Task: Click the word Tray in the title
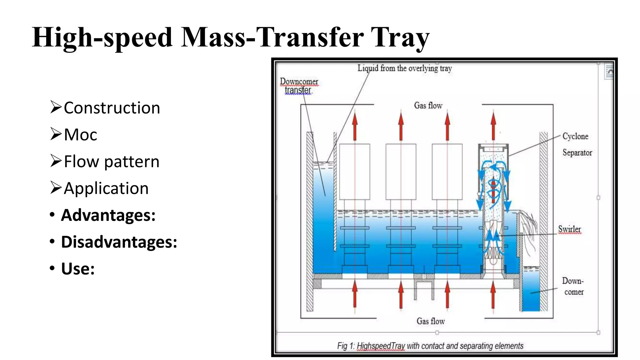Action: coord(400,37)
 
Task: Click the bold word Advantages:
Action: coord(108,215)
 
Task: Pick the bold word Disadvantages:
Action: coord(119,242)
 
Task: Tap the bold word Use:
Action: coord(78,269)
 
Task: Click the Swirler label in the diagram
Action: coord(569,229)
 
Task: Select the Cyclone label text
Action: coord(575,136)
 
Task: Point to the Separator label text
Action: coord(577,152)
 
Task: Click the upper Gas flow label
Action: coord(428,106)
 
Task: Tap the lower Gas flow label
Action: coord(430,321)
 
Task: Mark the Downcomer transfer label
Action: coord(299,86)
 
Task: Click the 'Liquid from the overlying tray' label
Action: coord(404,68)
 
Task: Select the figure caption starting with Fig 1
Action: coord(430,346)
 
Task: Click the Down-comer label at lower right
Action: coord(573,286)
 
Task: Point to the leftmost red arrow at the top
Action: coord(355,127)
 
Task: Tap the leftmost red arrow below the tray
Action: coord(355,294)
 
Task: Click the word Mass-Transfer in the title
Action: coord(272,37)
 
